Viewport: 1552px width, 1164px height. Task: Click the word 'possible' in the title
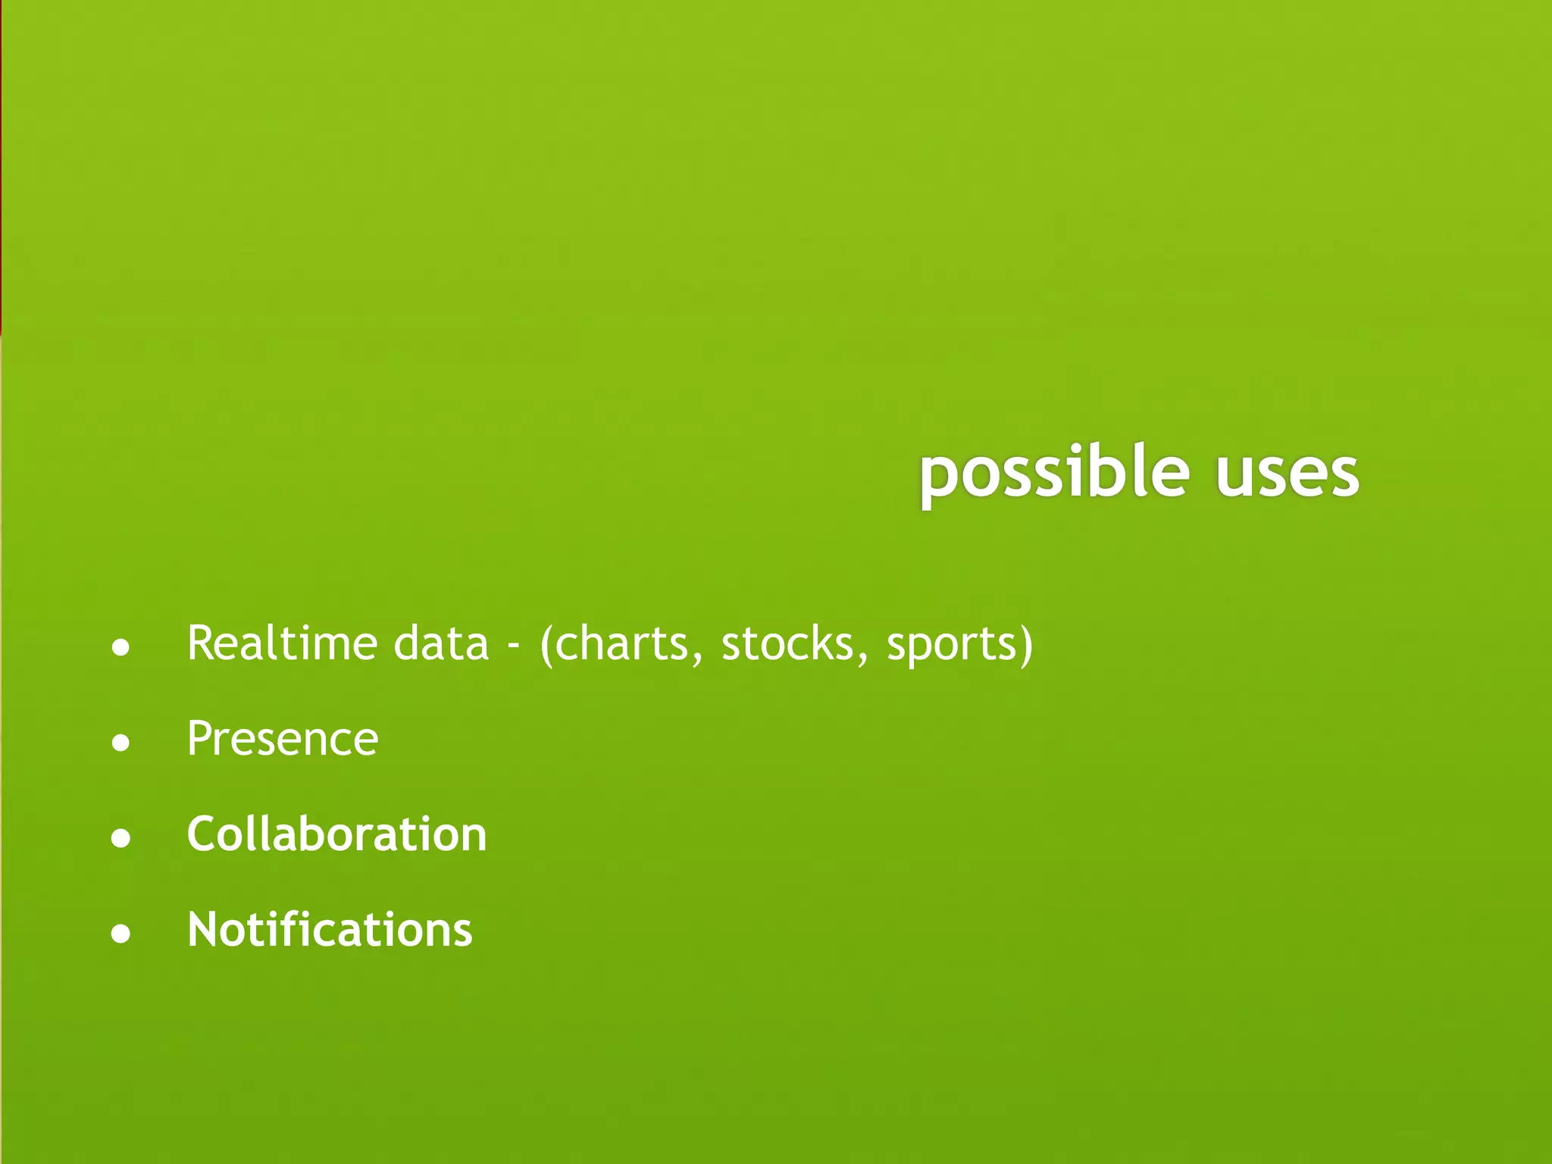1054,474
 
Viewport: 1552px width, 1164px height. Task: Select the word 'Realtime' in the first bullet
282,643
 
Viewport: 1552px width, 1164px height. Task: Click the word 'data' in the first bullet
441,643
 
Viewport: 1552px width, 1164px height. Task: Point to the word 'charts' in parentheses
621,643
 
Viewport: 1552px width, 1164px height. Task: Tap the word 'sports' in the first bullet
952,646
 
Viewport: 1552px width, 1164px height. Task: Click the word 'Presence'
282,739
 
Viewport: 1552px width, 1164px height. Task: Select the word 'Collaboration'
336,834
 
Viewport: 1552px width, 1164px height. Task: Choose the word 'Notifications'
330,930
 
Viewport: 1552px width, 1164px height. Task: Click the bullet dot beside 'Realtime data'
120,648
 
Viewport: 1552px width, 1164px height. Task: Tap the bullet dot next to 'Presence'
120,743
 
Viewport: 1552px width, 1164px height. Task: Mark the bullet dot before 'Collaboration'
120,838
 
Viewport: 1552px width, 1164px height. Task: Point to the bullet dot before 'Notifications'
120,934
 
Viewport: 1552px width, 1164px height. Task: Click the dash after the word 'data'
514,646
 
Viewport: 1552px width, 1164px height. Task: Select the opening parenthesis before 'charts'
547,645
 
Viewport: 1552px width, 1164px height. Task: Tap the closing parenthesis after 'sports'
1026,645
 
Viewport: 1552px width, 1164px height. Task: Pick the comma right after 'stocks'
862,661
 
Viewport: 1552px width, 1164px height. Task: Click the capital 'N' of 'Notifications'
203,930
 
